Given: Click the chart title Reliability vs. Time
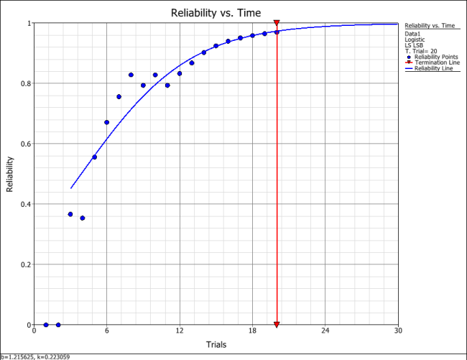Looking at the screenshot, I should click(x=216, y=12).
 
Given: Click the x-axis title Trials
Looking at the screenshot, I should click(x=216, y=345).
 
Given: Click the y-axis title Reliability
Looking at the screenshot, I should click(x=10, y=175).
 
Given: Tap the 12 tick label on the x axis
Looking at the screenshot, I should click(x=180, y=331).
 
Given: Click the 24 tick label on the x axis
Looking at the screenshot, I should click(x=325, y=331).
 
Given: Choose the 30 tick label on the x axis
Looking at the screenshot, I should click(x=397, y=331).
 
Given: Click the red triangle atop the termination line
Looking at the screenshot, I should click(x=277, y=24).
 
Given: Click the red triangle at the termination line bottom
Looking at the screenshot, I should click(x=277, y=324).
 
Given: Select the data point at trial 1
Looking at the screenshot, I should click(x=46, y=325).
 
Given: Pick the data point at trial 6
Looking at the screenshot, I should click(x=106, y=122).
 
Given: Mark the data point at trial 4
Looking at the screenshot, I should click(x=82, y=218).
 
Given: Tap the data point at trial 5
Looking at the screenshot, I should click(x=94, y=157).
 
